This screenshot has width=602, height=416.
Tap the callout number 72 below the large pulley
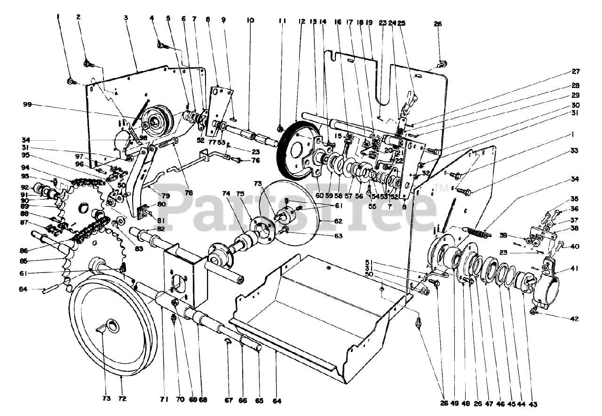[122, 398]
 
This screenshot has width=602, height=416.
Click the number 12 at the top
[302, 21]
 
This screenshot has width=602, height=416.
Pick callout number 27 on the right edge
[576, 72]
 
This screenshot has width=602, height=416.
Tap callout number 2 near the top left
[79, 17]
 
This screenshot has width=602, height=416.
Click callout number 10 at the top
[250, 21]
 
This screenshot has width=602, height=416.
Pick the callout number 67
[229, 401]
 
